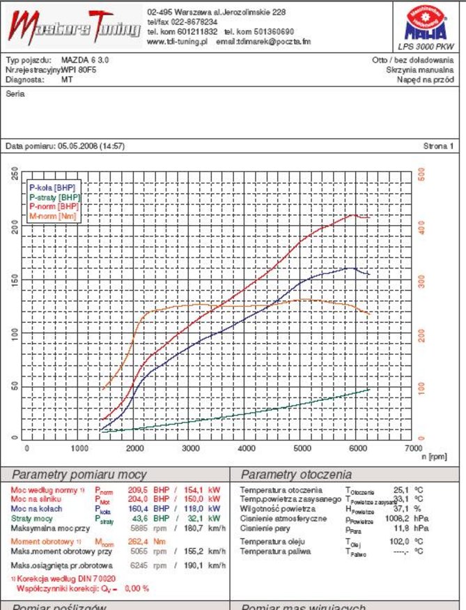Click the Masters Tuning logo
73,27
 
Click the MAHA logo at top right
426,25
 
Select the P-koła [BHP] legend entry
52,188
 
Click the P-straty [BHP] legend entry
54,197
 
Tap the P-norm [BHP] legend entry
54,206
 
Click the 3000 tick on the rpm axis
192,448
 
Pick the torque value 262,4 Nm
144,541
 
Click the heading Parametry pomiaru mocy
79,475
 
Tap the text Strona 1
438,146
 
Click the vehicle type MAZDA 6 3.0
85,61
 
